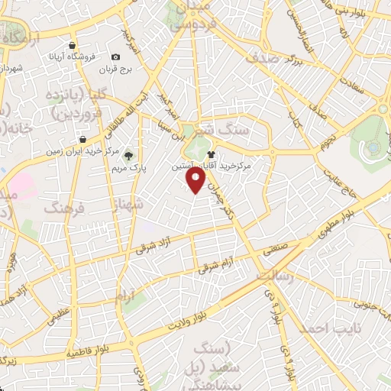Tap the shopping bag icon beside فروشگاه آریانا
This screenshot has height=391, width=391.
72,45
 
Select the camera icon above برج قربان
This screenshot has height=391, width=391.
115,57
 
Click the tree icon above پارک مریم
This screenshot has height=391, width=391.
137,153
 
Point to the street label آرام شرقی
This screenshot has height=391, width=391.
218,266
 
